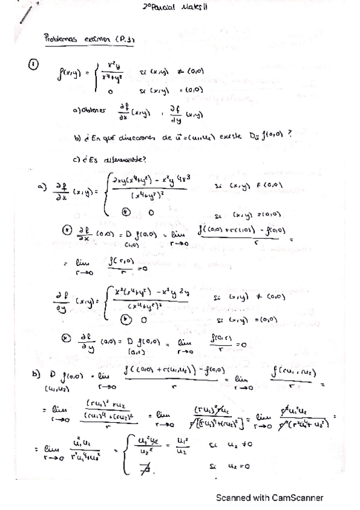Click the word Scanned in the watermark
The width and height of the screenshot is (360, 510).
click(233, 497)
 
